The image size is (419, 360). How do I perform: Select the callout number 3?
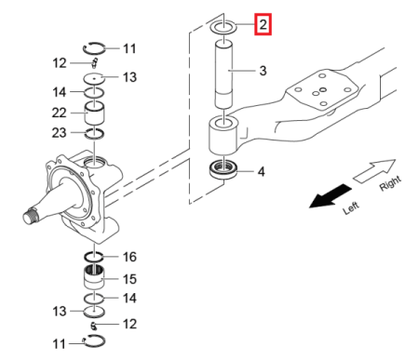[263, 71]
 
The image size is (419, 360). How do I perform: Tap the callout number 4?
[261, 171]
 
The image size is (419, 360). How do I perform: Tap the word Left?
[350, 210]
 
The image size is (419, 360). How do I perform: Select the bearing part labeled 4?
[224, 171]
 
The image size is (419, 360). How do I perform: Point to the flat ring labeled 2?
[224, 27]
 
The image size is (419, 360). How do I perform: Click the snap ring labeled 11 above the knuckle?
[96, 48]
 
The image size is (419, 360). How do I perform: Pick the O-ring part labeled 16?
[98, 256]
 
